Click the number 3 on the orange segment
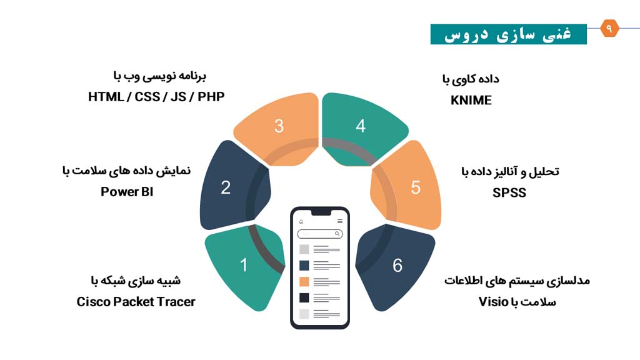click(x=279, y=126)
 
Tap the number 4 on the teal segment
click(x=361, y=126)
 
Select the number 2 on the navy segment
click(x=226, y=187)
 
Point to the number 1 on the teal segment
click(x=244, y=265)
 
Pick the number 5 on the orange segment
click(x=416, y=187)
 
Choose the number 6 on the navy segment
click(x=397, y=265)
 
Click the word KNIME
click(x=471, y=100)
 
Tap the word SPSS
click(x=509, y=192)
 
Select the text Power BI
click(x=127, y=191)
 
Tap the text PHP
click(x=211, y=97)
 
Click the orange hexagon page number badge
click(x=609, y=28)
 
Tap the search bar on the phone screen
click(x=320, y=234)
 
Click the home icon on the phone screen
click(x=301, y=222)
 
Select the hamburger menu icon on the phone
click(x=339, y=221)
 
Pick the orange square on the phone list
click(x=304, y=282)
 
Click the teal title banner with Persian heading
click(x=509, y=34)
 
